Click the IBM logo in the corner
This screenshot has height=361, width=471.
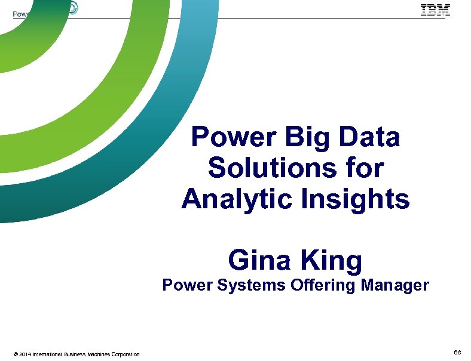coord(435,10)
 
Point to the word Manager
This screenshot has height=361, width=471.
coord(395,286)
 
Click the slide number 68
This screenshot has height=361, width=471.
coord(457,353)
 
